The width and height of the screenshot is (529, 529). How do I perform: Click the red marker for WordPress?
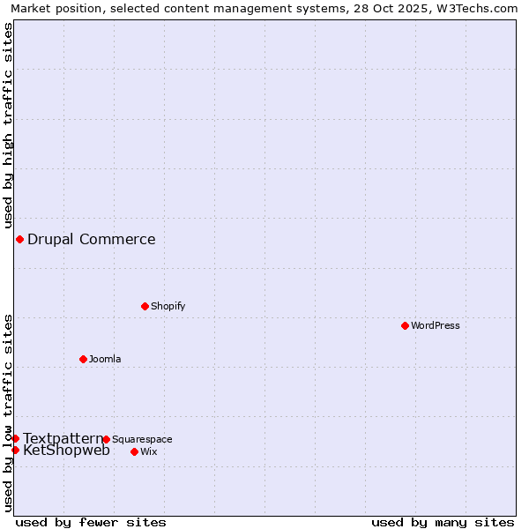click(405, 325)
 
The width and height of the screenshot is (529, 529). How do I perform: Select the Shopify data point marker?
click(145, 306)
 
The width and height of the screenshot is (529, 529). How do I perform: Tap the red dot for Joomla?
click(83, 359)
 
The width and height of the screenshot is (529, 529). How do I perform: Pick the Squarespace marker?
click(106, 439)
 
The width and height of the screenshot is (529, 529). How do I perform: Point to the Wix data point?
click(134, 451)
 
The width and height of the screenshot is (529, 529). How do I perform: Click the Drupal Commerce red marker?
click(19, 239)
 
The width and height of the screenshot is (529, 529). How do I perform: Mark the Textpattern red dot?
click(15, 438)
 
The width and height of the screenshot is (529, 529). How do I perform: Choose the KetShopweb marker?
click(15, 450)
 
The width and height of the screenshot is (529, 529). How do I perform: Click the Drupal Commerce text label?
click(92, 239)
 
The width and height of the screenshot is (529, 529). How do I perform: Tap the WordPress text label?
click(436, 325)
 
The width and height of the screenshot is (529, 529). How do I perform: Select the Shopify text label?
click(168, 306)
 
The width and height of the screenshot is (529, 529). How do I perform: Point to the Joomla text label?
click(105, 359)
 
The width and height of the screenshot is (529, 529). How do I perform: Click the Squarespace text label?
click(142, 439)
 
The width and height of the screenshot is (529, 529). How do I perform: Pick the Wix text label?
click(148, 451)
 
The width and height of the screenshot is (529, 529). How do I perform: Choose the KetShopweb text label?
click(66, 451)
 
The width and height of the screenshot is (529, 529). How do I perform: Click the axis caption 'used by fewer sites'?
click(91, 522)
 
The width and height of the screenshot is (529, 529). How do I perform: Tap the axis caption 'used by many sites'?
click(443, 522)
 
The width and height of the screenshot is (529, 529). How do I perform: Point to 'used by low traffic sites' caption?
click(9, 413)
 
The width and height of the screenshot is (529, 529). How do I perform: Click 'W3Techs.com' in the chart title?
click(476, 9)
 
